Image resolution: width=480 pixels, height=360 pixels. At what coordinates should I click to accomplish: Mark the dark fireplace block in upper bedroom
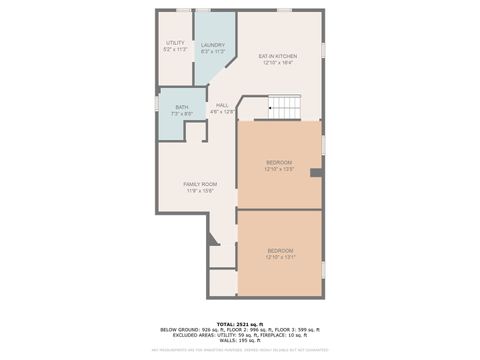tap(316, 173)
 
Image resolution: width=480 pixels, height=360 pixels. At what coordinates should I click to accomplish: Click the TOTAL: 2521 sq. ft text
tap(240, 323)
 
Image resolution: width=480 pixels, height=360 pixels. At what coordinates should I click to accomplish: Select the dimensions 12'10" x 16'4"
tap(278, 63)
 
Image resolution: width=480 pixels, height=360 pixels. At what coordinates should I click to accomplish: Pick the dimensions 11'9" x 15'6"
tap(199, 191)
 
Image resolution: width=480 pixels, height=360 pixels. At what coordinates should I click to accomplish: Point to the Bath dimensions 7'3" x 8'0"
tap(181, 114)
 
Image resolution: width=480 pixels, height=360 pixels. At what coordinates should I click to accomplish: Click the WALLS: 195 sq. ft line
tap(240, 341)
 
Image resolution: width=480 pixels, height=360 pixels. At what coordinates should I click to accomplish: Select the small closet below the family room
tap(223, 282)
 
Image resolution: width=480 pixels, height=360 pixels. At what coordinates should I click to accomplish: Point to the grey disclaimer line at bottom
tap(240, 350)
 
